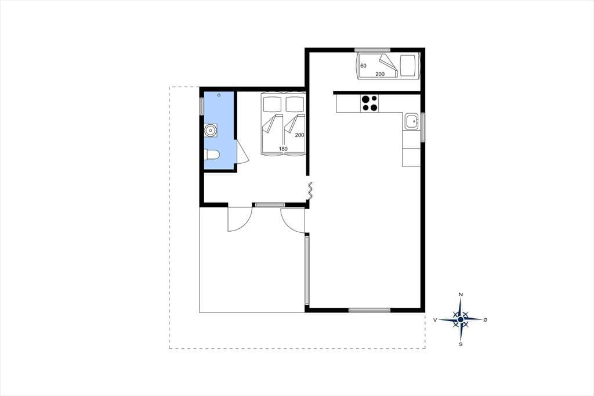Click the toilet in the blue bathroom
212,155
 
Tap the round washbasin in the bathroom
210,131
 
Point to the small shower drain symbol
219,95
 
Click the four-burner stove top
370,103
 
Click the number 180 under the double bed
283,149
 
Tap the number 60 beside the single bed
363,66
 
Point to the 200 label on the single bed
380,74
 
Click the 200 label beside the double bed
300,135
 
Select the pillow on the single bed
408,66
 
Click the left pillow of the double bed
271,104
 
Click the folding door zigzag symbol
310,190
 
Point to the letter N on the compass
461,294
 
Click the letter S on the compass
461,344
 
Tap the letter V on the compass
435,320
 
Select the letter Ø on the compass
486,320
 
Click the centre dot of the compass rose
461,320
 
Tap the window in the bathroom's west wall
202,105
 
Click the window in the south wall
370,310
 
